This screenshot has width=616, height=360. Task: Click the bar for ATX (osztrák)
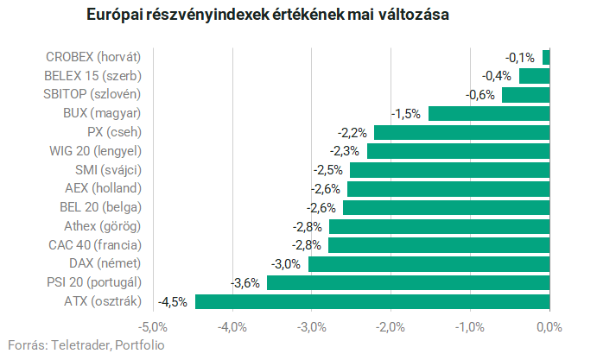pyautogui.click(x=372, y=301)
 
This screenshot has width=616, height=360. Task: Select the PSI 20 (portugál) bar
pyautogui.click(x=408, y=282)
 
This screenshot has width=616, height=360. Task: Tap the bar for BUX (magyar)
pyautogui.click(x=489, y=113)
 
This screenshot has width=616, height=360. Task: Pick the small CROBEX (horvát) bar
pyautogui.click(x=546, y=57)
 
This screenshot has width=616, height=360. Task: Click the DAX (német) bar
pyautogui.click(x=429, y=263)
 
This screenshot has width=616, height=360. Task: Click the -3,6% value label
pyautogui.click(x=246, y=282)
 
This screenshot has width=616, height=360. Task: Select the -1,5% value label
pyautogui.click(x=406, y=113)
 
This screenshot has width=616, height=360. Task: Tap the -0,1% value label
pyautogui.click(x=520, y=57)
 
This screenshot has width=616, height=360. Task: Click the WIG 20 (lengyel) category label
pyautogui.click(x=95, y=151)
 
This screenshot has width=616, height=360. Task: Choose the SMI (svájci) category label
pyautogui.click(x=108, y=169)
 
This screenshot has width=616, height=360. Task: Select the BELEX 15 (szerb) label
pyautogui.click(x=92, y=75)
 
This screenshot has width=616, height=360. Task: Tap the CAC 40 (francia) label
pyautogui.click(x=95, y=244)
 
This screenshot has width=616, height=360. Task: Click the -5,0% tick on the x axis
pyautogui.click(x=153, y=326)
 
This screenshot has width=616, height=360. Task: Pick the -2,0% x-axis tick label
pyautogui.click(x=391, y=326)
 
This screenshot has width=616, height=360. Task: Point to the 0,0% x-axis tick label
pyautogui.click(x=549, y=326)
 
